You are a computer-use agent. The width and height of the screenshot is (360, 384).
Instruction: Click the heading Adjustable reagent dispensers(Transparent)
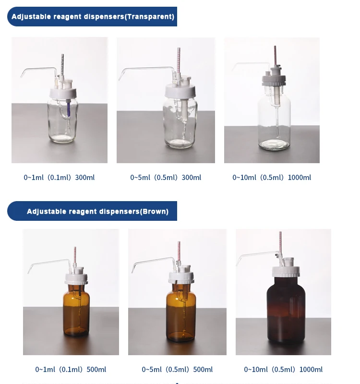coord(93,17)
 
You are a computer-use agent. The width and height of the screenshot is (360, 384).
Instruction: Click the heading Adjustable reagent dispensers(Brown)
coord(97,211)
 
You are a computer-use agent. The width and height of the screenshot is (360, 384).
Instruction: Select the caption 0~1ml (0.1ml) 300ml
coord(59,178)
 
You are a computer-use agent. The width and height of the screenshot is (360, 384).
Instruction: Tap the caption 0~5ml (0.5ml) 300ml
coord(166,178)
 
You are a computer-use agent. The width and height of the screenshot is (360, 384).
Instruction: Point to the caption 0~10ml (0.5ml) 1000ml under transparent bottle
coord(272,178)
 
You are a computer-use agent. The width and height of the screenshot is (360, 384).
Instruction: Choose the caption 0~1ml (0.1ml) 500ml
coord(71,370)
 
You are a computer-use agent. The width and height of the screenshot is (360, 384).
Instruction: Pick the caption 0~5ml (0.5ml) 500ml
coord(177,370)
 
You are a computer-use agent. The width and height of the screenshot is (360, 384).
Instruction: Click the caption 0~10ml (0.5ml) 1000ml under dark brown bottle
coord(283,370)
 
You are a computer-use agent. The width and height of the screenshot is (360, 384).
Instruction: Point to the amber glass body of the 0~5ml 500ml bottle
coord(181,312)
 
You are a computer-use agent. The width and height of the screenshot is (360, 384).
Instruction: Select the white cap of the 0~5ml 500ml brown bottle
coord(181,277)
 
